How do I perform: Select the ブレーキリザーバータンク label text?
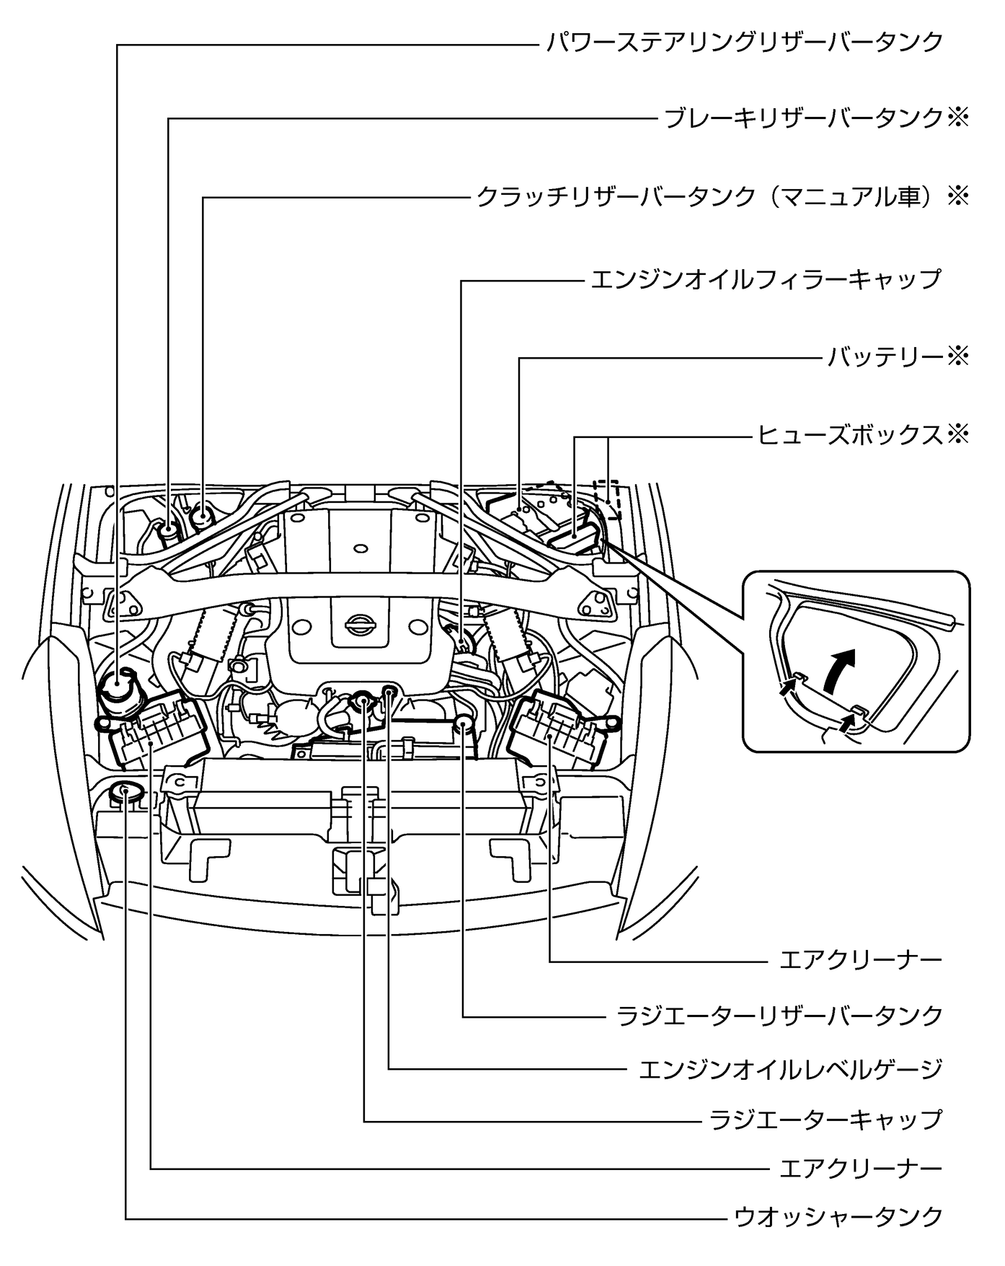[803, 118]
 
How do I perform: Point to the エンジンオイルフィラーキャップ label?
[766, 279]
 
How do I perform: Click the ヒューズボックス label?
[849, 434]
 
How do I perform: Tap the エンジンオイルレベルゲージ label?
[791, 1068]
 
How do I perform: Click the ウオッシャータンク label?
[838, 1217]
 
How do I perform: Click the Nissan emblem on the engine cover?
[357, 624]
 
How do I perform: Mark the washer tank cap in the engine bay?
[126, 791]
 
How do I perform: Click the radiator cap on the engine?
[363, 698]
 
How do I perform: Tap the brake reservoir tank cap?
[169, 529]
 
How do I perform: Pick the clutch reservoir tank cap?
[203, 515]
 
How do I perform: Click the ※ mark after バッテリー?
[957, 356]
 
